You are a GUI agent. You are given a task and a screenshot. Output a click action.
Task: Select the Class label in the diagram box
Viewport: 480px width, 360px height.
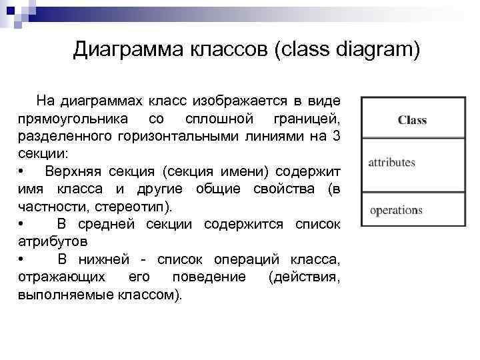pos(412,121)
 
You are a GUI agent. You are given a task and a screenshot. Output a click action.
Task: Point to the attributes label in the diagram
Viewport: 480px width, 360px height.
pos(392,162)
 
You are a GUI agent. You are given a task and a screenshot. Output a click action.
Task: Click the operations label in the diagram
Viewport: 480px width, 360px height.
pos(396,210)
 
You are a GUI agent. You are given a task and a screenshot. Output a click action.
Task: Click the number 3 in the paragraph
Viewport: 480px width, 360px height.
pos(336,137)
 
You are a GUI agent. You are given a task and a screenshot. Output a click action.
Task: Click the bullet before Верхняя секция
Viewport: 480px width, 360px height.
pos(23,171)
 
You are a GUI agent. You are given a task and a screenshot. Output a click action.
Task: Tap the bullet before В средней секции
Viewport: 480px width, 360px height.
pos(23,223)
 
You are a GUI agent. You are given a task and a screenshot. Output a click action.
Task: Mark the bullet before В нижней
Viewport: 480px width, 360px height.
pos(23,258)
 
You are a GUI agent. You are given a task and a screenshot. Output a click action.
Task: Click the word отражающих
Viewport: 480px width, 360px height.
pos(61,275)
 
